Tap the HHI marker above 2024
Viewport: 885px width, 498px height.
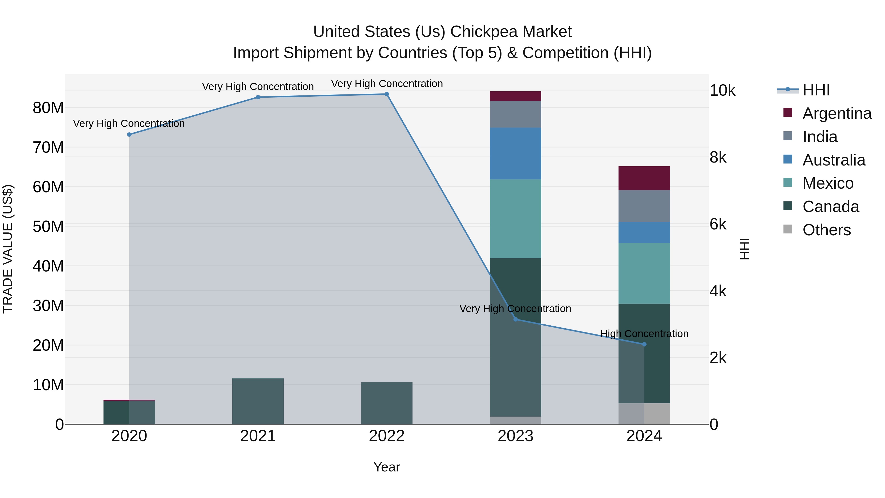point(644,344)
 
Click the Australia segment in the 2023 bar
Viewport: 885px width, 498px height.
point(515,153)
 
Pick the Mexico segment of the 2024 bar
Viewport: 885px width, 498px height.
point(644,273)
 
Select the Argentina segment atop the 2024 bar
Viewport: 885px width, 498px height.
point(644,178)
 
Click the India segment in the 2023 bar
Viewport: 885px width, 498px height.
point(515,114)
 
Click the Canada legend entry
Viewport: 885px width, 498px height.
point(830,207)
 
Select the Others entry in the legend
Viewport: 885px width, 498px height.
point(826,230)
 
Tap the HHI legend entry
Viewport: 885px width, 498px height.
point(816,90)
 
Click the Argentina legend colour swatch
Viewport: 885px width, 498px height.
point(788,113)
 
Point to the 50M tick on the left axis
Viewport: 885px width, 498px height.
point(48,227)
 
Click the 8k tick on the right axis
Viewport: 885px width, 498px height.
point(718,157)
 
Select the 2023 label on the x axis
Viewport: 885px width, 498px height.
point(515,436)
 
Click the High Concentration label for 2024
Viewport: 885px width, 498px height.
point(644,334)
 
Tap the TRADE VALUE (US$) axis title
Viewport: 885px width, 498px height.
point(8,249)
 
